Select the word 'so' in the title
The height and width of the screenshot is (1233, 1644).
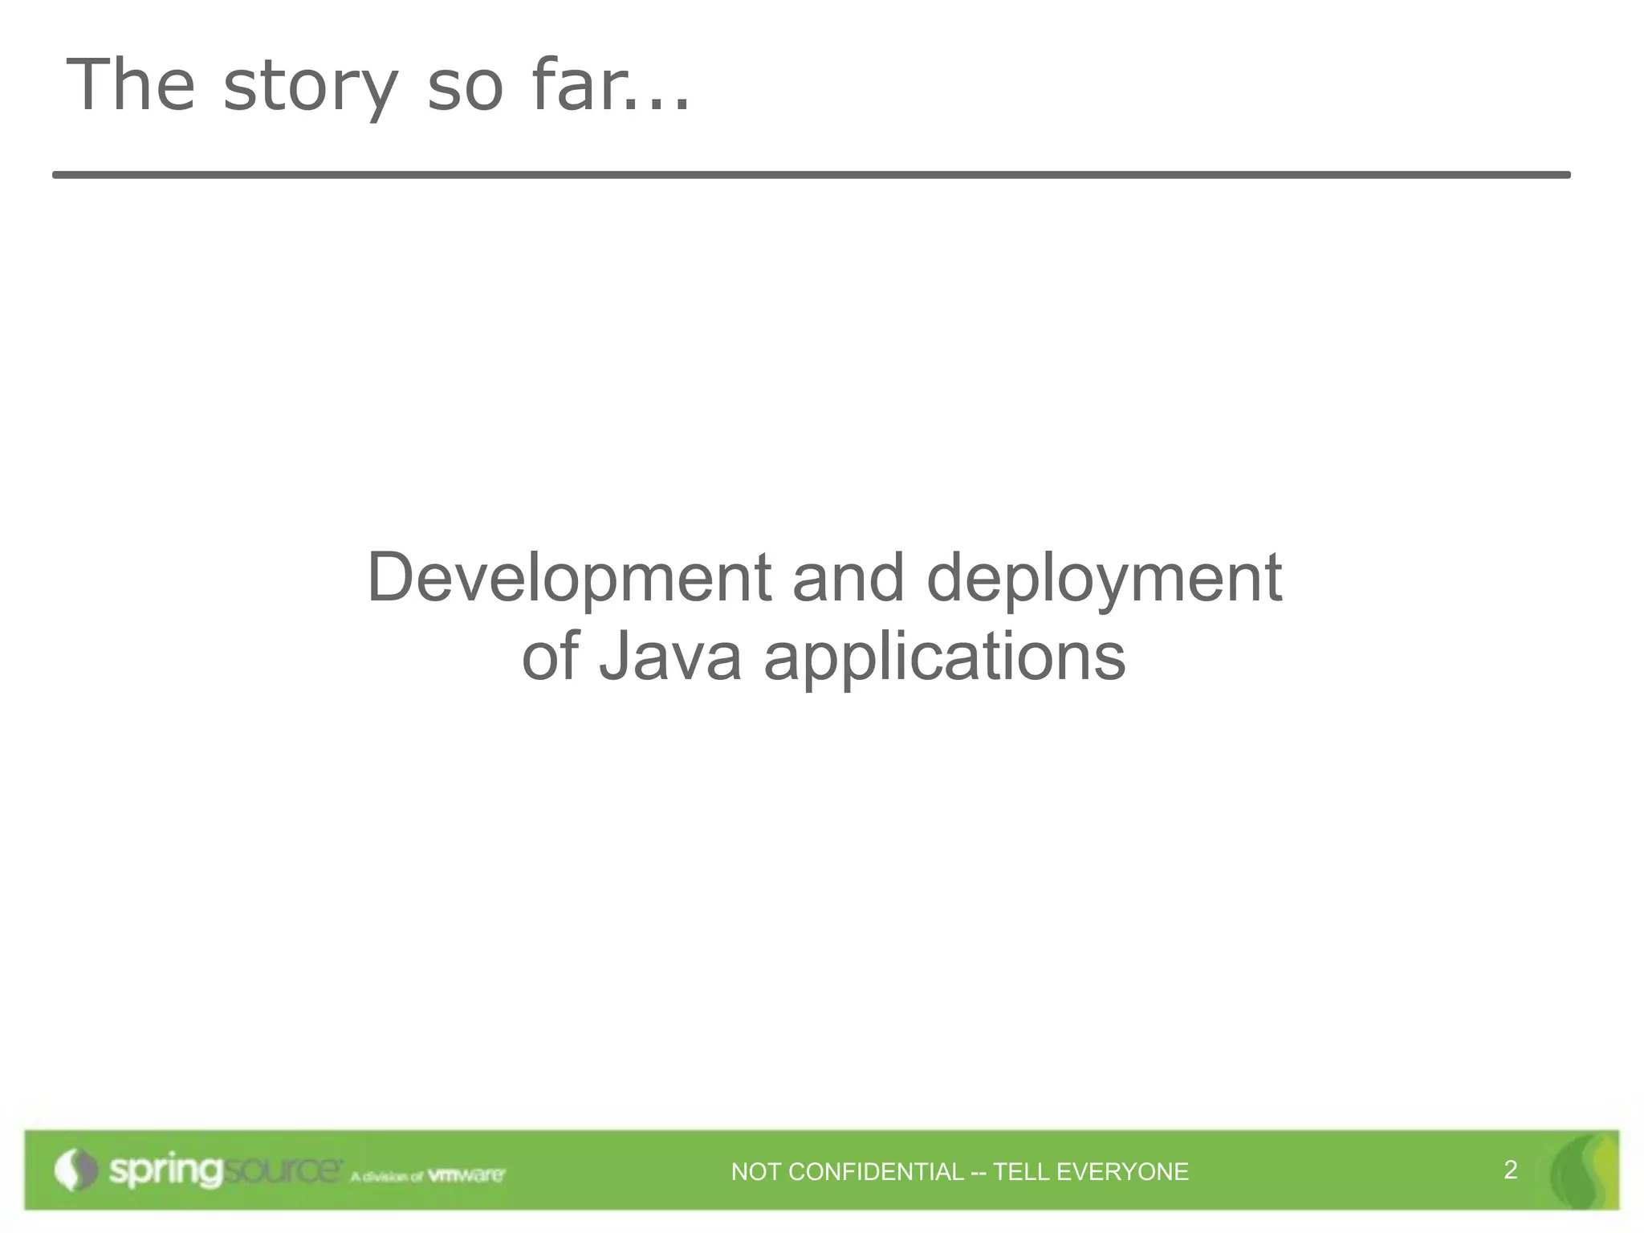click(x=465, y=87)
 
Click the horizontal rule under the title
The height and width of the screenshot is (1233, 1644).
click(x=811, y=174)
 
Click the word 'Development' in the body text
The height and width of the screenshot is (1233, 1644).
click(x=569, y=580)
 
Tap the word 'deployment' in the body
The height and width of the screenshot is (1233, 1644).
click(x=1104, y=580)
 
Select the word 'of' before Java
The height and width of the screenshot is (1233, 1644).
click(x=550, y=657)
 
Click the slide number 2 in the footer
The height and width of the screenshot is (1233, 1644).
click(x=1510, y=1170)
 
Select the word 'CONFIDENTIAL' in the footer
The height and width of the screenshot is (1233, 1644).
click(x=876, y=1172)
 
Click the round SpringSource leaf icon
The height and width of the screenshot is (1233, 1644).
click(x=75, y=1170)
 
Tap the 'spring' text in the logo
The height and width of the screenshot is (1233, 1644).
click(x=165, y=1171)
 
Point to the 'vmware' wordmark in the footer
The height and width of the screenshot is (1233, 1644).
click(x=466, y=1175)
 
